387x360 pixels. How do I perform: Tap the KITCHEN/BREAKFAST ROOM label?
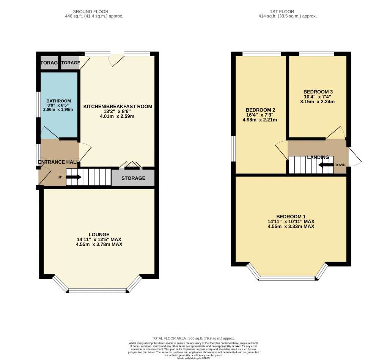point(118,107)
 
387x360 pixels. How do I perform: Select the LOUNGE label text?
point(99,235)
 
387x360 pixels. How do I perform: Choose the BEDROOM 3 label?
point(318,92)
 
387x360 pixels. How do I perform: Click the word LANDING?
point(318,157)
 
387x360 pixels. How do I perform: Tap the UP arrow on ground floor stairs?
point(74,177)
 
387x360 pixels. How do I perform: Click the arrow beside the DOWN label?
point(326,165)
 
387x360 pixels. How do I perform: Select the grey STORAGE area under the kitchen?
point(133,178)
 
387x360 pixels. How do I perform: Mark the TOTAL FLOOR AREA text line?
point(193,338)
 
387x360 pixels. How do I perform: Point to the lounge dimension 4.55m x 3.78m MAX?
point(99,245)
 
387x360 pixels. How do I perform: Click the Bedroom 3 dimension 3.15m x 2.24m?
point(318,102)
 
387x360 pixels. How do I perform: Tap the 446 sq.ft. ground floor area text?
point(94,16)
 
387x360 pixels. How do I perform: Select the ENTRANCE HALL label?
point(58,162)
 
